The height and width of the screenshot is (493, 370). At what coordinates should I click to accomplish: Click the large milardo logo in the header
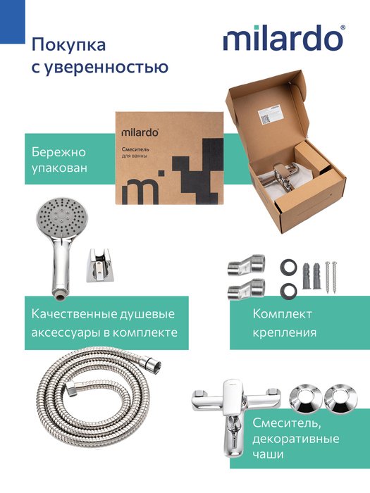tap(284, 38)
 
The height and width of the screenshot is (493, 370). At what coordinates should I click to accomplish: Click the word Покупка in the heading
tap(68, 44)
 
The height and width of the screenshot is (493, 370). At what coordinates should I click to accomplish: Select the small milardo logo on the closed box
tap(140, 132)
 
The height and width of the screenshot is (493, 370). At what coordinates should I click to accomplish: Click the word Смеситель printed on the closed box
tap(135, 149)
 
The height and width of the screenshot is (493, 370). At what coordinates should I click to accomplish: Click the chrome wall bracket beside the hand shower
tap(99, 265)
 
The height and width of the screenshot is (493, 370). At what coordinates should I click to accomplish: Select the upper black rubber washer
tap(288, 267)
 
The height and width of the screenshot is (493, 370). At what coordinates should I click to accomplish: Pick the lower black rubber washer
tap(288, 291)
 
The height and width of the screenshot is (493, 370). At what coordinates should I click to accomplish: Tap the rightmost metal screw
tap(335, 277)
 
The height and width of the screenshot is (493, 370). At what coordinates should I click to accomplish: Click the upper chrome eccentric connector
tap(246, 265)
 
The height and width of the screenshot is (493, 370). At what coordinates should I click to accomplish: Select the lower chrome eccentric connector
tap(246, 289)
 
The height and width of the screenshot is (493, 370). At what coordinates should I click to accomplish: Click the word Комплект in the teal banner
tap(282, 314)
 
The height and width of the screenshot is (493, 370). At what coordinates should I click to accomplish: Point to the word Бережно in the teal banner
tap(58, 152)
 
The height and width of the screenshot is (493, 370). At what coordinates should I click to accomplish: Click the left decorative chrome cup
tap(305, 399)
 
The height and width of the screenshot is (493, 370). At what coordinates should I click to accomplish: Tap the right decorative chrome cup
tap(340, 399)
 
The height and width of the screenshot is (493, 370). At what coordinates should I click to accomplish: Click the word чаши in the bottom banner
tap(268, 454)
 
